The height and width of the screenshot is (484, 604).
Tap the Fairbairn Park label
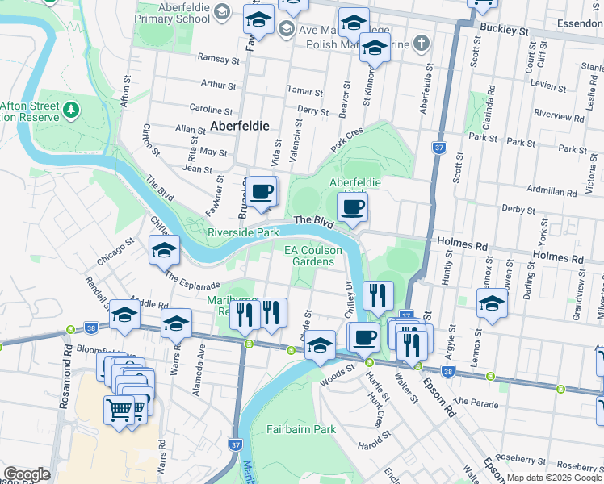click(x=301, y=430)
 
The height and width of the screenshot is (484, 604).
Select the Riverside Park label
click(x=243, y=232)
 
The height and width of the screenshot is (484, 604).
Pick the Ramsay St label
click(x=215, y=58)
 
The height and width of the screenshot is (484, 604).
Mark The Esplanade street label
click(x=192, y=281)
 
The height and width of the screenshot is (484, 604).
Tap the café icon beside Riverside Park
click(x=262, y=193)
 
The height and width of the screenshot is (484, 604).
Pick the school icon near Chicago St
click(x=164, y=251)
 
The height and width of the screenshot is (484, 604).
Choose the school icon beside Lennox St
click(x=492, y=304)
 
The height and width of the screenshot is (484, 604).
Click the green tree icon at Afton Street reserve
click(x=72, y=108)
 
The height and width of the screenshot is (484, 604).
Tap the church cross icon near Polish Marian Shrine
click(x=422, y=43)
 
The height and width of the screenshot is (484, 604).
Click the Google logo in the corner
click(x=27, y=474)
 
